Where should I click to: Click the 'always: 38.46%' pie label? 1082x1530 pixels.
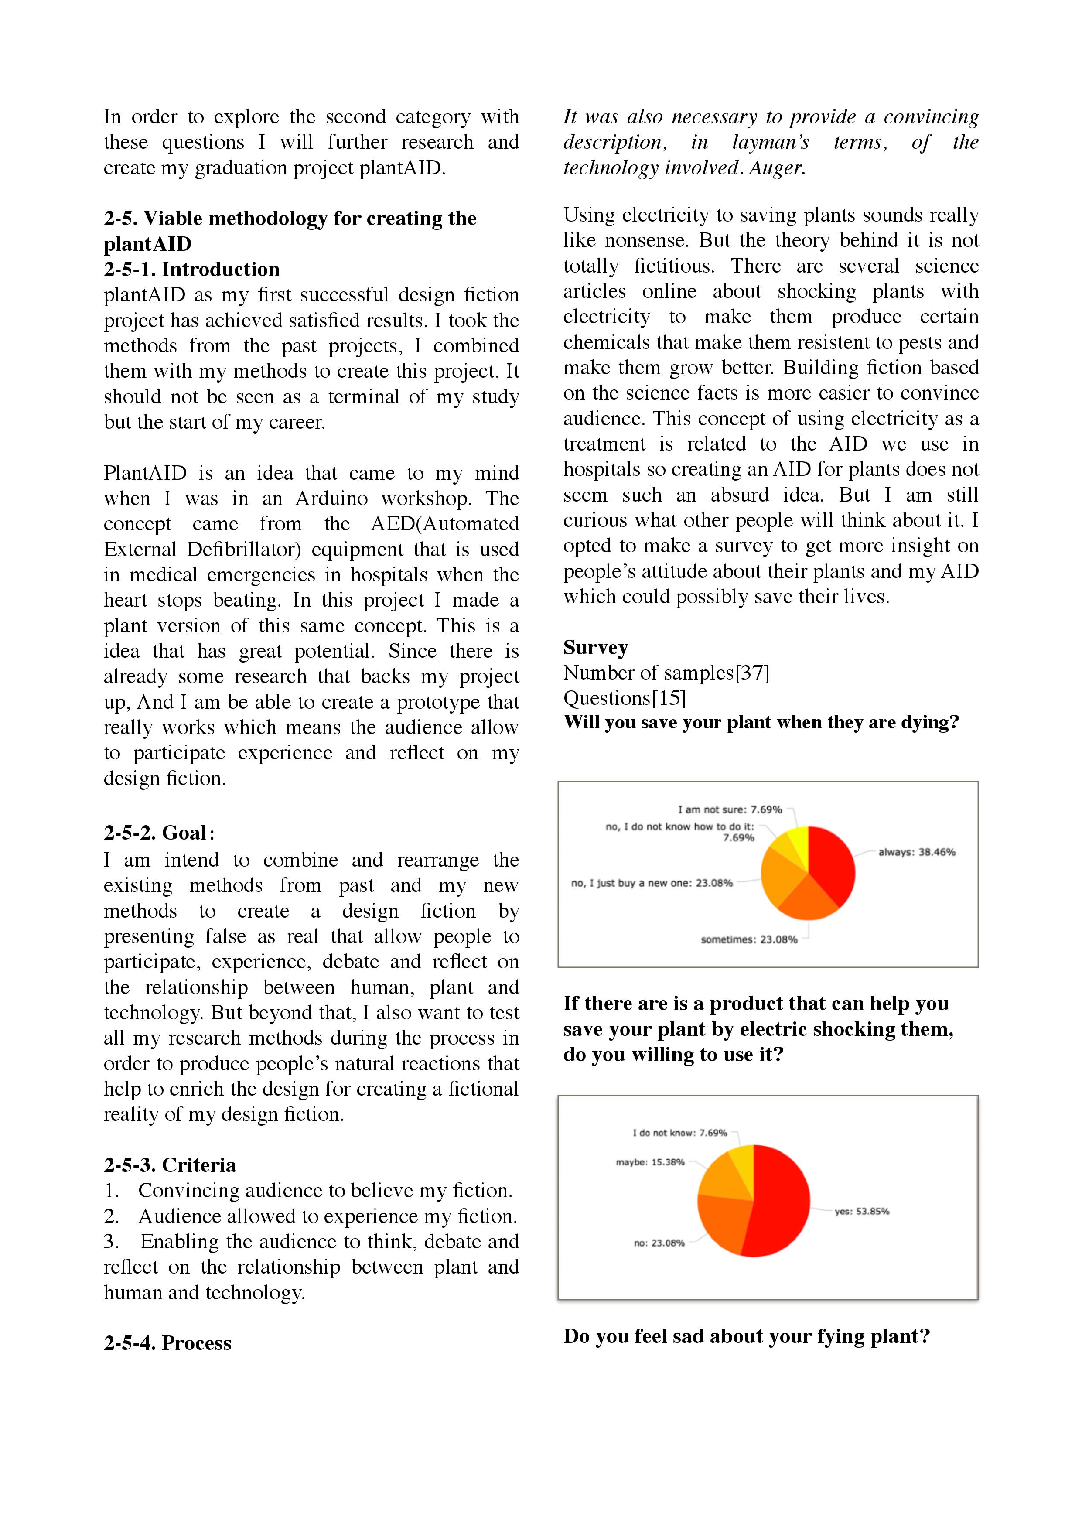click(x=916, y=852)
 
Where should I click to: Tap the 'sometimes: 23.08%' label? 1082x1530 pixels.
click(x=748, y=939)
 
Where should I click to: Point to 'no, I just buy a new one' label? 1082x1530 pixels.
click(x=651, y=883)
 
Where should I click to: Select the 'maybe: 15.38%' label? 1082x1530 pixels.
click(x=650, y=1162)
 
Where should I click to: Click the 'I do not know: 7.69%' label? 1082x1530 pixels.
click(x=679, y=1133)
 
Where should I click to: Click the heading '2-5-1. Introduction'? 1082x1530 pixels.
click(x=191, y=269)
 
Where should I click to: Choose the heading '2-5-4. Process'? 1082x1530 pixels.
click(x=167, y=1343)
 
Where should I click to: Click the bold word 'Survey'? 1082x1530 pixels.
click(x=595, y=648)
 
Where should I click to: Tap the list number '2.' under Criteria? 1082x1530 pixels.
click(x=111, y=1216)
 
